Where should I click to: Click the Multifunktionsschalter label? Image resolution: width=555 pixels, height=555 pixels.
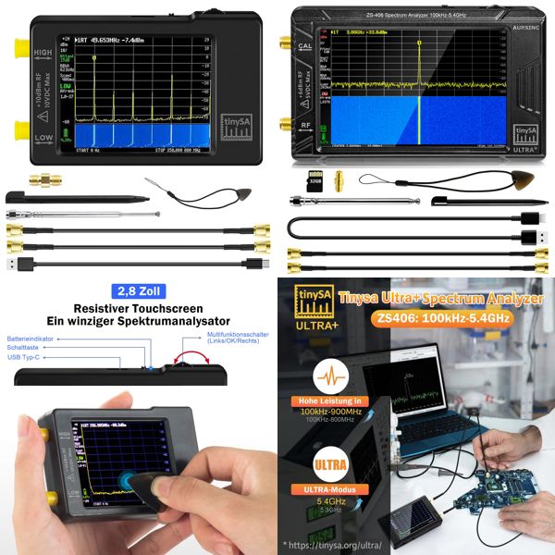240,338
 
